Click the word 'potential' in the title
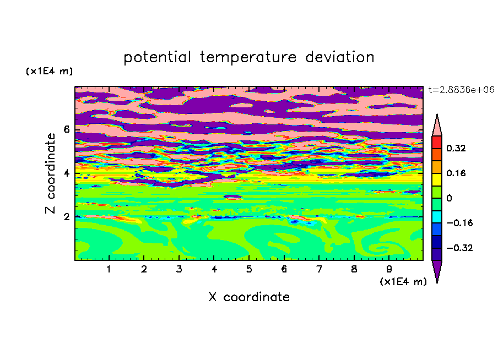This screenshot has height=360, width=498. tap(157, 58)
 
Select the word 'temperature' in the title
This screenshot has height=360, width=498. tap(248, 58)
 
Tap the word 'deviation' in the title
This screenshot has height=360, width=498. tap(340, 57)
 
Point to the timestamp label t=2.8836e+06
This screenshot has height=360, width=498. tap(461, 90)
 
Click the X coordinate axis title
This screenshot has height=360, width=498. tap(249, 297)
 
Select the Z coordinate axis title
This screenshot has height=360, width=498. tap(51, 173)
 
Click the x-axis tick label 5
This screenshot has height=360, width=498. tap(249, 269)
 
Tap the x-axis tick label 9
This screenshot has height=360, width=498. tap(389, 269)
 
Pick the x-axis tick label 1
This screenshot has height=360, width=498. tap(109, 269)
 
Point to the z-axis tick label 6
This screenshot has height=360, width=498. tap(66, 129)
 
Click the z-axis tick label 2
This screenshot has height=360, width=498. tap(66, 217)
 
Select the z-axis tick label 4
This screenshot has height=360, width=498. tap(66, 173)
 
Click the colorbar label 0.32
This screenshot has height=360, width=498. tap(456, 148)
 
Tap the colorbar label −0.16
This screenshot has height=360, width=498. tap(459, 223)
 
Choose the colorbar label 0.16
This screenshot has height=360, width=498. tap(456, 173)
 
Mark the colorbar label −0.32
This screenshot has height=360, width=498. tap(459, 248)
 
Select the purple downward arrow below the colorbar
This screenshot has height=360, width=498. tap(437, 269)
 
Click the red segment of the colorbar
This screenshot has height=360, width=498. tap(437, 142)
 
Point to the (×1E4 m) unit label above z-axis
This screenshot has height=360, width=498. tap(49, 71)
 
